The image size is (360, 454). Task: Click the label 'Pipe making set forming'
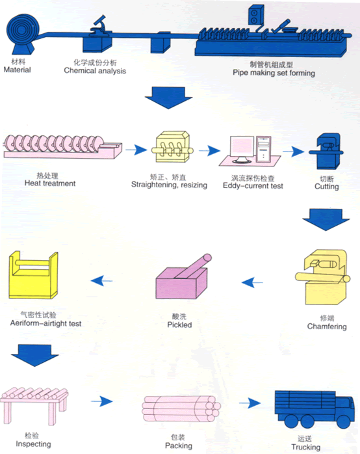tap(274, 73)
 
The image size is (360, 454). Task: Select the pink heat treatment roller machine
tap(62, 146)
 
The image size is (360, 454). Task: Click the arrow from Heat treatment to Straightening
tap(136, 150)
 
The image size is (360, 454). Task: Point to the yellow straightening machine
tap(172, 147)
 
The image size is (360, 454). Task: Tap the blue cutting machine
tap(327, 151)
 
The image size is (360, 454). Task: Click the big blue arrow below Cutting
tap(326, 219)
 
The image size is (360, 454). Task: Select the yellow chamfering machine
tap(323, 277)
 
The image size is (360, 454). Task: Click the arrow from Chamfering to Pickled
tap(252, 282)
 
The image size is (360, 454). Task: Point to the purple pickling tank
tap(182, 278)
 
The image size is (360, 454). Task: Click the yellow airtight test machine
tap(33, 275)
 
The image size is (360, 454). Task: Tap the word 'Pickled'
tap(179, 325)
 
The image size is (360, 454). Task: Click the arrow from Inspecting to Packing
tap(102, 401)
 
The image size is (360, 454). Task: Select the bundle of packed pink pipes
tap(181, 408)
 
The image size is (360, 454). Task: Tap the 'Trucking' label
tap(305, 447)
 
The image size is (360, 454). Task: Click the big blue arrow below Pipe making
tap(168, 98)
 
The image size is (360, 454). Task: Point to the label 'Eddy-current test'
tap(253, 185)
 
